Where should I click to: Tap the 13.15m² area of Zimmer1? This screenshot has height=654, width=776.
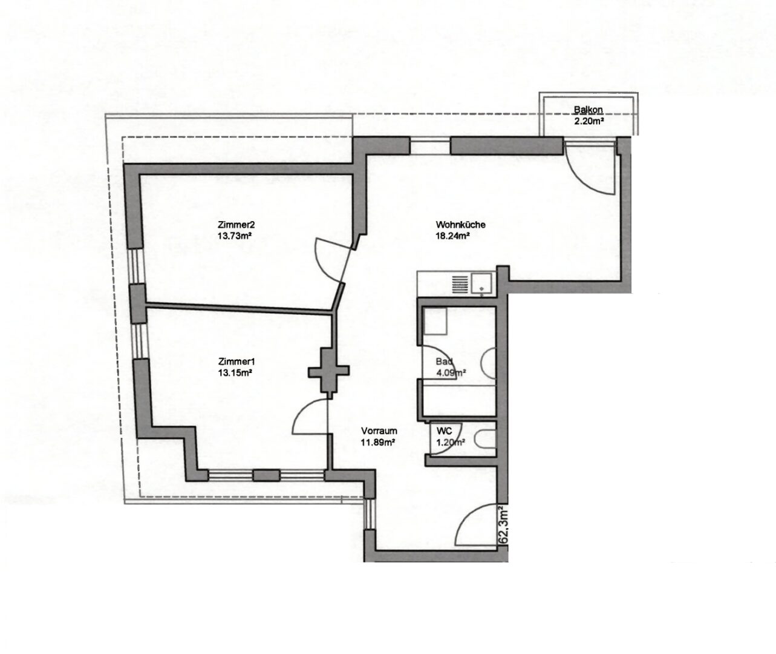pyautogui.click(x=235, y=373)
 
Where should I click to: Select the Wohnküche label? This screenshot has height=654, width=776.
pyautogui.click(x=460, y=225)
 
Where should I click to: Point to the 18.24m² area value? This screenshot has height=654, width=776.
pyautogui.click(x=453, y=237)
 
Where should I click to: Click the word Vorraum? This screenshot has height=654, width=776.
pyautogui.click(x=379, y=431)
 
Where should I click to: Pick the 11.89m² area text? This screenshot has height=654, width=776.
pyautogui.click(x=378, y=443)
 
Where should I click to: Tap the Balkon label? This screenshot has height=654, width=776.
pyautogui.click(x=588, y=110)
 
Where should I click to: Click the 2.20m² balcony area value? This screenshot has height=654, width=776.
pyautogui.click(x=590, y=121)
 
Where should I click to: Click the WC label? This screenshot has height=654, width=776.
pyautogui.click(x=445, y=431)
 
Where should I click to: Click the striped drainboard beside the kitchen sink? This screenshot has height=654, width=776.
pyautogui.click(x=461, y=282)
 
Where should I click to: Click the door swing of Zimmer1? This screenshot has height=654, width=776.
pyautogui.click(x=310, y=418)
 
